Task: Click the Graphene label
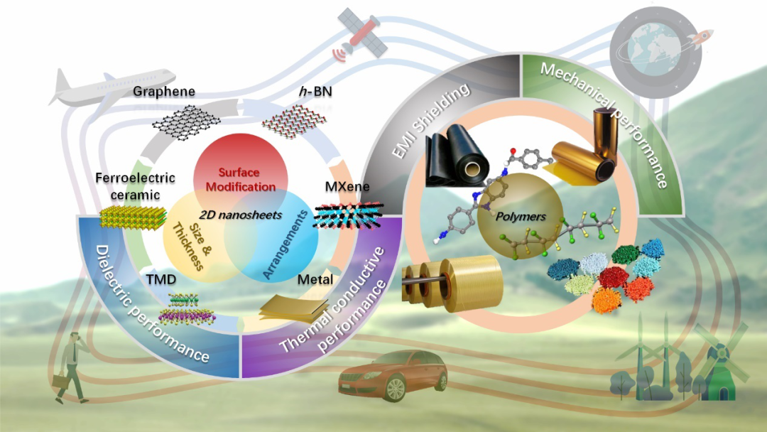coord(164,92)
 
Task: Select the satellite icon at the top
coord(363,31)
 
